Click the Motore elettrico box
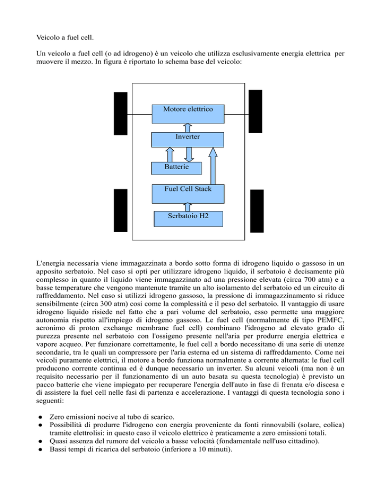click(188, 114)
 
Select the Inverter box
click(188, 139)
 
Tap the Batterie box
click(176, 167)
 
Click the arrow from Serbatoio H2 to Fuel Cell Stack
click(188, 205)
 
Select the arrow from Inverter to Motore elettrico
click(188, 127)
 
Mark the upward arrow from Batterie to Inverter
click(169, 154)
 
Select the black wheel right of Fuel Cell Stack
click(257, 210)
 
